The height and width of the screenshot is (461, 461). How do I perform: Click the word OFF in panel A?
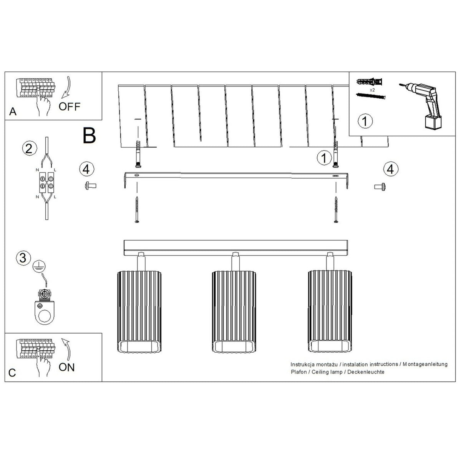click(70, 106)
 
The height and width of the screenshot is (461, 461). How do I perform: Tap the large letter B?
click(89, 135)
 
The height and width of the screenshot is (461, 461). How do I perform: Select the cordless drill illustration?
click(421, 106)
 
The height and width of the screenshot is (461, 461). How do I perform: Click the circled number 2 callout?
click(30, 149)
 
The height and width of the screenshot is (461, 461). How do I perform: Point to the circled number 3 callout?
click(23, 258)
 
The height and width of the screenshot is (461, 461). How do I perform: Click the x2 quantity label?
click(372, 90)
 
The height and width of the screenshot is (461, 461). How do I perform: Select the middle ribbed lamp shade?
click(234, 312)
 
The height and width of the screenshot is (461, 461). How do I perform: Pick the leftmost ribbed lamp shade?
click(139, 312)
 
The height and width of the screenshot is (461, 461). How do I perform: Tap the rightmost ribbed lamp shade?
click(330, 311)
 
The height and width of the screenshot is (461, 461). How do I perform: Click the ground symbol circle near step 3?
click(39, 267)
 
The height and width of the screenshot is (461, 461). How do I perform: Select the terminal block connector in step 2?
click(46, 182)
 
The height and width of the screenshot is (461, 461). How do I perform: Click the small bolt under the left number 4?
click(90, 186)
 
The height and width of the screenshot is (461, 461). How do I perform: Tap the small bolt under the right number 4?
click(380, 187)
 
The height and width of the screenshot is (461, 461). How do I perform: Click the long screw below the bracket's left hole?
click(137, 210)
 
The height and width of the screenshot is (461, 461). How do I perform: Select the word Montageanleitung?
click(425, 364)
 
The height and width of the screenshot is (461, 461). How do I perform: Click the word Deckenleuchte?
click(366, 372)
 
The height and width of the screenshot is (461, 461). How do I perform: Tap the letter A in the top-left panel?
click(13, 111)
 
